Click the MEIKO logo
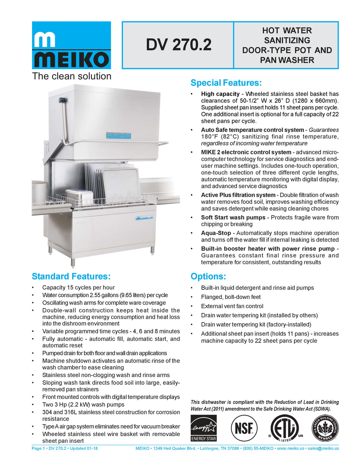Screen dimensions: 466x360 [71, 45]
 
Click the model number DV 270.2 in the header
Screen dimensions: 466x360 [179, 45]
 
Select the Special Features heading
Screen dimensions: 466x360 [226, 83]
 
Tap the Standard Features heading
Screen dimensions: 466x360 [71, 276]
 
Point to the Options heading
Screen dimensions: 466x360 [208, 276]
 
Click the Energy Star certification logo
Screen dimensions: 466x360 [204, 428]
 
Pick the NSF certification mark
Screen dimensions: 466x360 [244, 428]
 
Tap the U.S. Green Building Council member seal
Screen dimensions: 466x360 [325, 428]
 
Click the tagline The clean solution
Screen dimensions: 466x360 [72, 76]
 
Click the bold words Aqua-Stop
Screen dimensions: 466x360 [216, 233]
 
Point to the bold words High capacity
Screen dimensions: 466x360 [220, 94]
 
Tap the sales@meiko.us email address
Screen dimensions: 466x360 [323, 448]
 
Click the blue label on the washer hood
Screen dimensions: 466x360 [118, 136]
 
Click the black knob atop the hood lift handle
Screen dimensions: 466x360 [62, 100]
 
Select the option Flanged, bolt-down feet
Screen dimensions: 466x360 [231, 297]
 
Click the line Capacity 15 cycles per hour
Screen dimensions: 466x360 [78, 288]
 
